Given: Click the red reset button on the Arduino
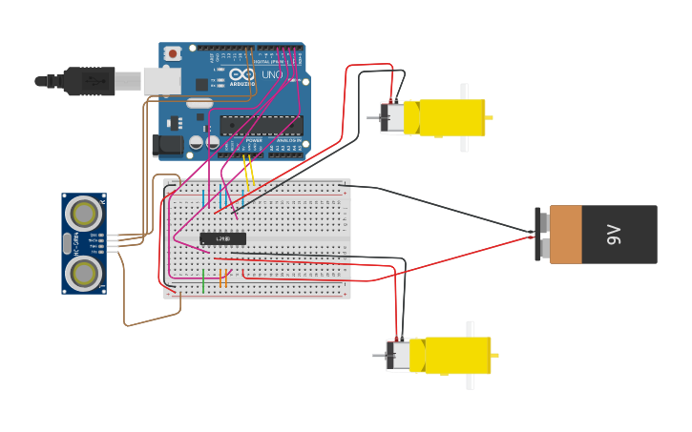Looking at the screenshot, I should click(x=173, y=53).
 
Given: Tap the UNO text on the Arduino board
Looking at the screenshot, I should click(x=272, y=74).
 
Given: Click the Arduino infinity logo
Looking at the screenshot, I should click(x=241, y=73).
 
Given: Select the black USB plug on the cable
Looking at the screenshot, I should click(x=90, y=81).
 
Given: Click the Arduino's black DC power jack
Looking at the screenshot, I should click(x=167, y=145).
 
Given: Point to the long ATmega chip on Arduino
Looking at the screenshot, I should click(x=262, y=125).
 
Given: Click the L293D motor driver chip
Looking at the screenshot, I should click(x=222, y=238).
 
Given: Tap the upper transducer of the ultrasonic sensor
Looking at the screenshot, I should click(x=84, y=213).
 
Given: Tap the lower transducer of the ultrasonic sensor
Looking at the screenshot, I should click(x=84, y=274).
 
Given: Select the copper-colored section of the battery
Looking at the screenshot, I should click(x=565, y=235).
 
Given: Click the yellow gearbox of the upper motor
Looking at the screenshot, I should click(x=445, y=118).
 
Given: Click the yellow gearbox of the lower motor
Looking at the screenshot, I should click(x=457, y=356).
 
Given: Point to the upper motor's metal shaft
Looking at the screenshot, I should click(x=373, y=117).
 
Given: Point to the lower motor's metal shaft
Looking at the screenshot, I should click(x=379, y=356).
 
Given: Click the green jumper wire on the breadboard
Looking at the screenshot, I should click(x=203, y=280).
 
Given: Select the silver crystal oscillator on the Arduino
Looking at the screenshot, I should click(x=199, y=102).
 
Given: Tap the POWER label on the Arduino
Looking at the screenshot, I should click(x=254, y=140).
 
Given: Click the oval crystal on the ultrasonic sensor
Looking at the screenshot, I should click(x=67, y=243).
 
